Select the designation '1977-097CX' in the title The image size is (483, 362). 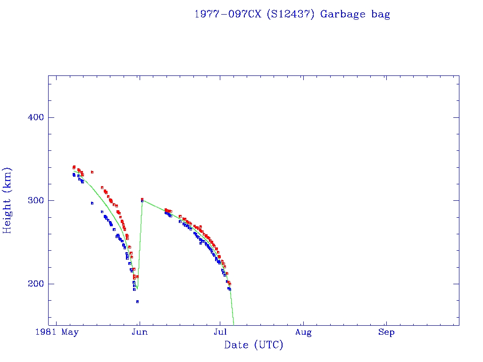point(228,14)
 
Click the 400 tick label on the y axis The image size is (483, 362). point(35,117)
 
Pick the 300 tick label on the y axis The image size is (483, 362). point(35,200)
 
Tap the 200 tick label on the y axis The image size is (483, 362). point(35,284)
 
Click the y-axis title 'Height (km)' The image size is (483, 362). point(8,200)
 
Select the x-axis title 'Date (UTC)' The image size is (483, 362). point(254,346)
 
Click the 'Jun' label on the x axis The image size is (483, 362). point(140,333)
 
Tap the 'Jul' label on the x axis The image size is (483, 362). point(220,333)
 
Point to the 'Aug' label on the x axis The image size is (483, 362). point(303,333)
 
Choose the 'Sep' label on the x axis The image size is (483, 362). point(386,333)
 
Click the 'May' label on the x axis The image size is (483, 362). point(70,333)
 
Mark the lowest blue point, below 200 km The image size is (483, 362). point(137,302)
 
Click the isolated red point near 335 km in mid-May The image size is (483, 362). point(92,172)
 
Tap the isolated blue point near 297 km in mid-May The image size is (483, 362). point(92,203)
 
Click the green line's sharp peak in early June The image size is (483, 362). point(142,200)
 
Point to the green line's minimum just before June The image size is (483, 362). point(137,288)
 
